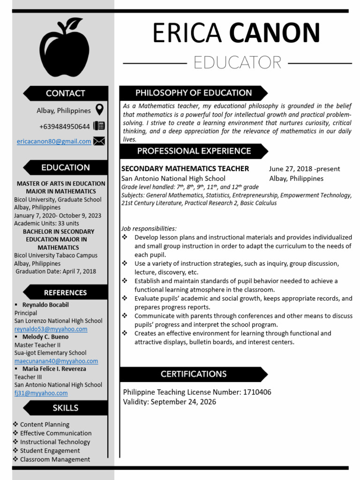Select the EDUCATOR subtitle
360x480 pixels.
237,62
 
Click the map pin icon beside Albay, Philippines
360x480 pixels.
99,110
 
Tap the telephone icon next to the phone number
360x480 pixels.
99,126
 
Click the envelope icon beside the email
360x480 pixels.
99,141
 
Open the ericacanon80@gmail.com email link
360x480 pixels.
54,142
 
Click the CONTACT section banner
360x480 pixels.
66,93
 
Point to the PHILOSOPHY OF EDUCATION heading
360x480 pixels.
194,93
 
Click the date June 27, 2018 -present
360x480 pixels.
305,169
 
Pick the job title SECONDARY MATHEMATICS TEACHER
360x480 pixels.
185,169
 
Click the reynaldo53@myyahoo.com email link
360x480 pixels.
51,329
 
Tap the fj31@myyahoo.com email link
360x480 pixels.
41,393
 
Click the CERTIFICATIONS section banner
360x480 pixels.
194,374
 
